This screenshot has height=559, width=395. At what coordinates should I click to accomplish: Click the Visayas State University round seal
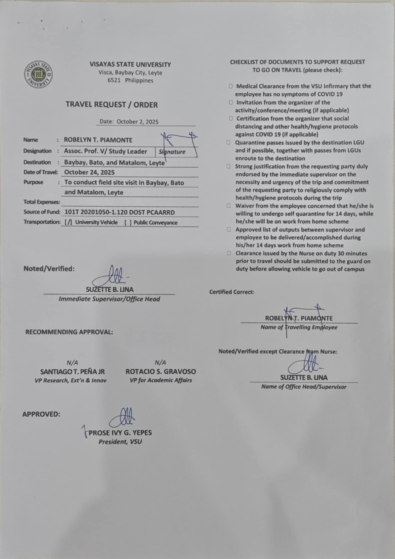(x=38, y=74)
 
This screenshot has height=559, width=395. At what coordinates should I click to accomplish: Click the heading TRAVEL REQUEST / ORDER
(x=112, y=105)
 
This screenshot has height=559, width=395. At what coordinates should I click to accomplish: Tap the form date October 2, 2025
(x=137, y=122)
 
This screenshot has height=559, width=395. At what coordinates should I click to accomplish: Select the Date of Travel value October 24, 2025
(x=89, y=172)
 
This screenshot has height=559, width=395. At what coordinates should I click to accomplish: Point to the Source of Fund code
(x=119, y=212)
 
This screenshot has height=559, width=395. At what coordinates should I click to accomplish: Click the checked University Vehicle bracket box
(x=68, y=222)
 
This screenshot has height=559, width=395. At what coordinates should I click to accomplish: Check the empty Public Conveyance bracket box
(x=128, y=222)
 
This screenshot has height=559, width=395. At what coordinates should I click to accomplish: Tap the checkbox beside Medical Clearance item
(x=231, y=86)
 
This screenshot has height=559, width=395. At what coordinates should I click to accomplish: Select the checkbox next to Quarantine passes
(x=229, y=142)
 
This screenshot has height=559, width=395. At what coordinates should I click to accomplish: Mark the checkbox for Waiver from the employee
(x=229, y=206)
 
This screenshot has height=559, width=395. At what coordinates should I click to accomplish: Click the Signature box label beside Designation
(x=172, y=152)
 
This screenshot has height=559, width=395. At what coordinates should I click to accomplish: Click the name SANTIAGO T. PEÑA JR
(x=72, y=372)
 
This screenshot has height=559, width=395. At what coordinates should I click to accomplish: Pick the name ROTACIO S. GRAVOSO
(x=161, y=372)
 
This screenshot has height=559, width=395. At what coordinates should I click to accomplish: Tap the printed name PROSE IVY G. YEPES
(x=120, y=433)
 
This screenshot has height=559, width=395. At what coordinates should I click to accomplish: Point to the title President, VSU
(x=120, y=442)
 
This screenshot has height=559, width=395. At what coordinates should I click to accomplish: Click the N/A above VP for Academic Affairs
(x=160, y=362)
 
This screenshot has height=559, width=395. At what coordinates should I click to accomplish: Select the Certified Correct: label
(x=232, y=292)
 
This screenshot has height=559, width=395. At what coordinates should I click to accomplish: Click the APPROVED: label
(x=41, y=414)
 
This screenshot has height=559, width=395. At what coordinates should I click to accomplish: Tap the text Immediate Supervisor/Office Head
(x=109, y=299)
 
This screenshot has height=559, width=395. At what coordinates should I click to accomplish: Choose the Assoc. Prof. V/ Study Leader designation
(x=106, y=151)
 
